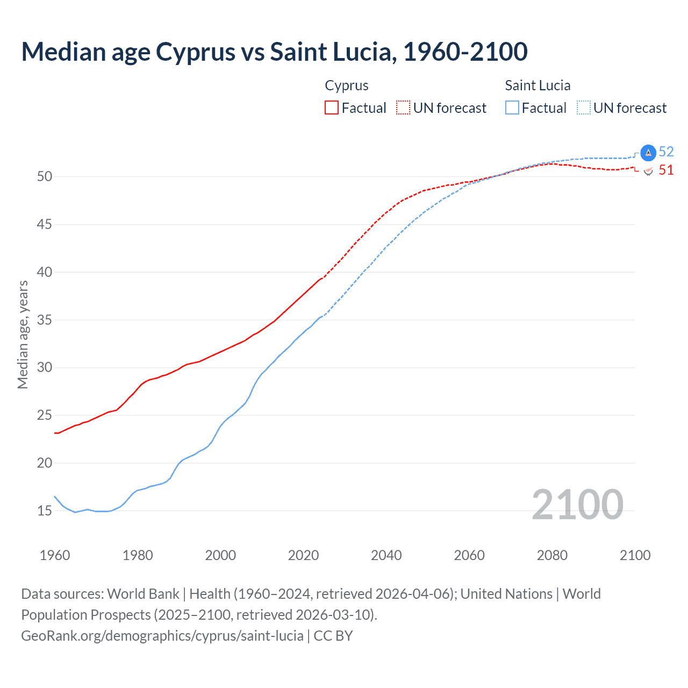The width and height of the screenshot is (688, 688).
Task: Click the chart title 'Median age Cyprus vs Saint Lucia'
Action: coord(274,52)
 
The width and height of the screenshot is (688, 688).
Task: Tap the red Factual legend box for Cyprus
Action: coord(332,107)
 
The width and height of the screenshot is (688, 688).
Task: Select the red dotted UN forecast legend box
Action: coord(403,107)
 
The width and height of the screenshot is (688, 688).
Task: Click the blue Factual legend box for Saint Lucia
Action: coord(512,107)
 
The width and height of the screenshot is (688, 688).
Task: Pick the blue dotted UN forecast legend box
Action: coord(584,107)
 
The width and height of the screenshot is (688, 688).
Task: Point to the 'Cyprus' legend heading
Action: coord(347,85)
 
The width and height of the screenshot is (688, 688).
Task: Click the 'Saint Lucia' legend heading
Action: coord(537,85)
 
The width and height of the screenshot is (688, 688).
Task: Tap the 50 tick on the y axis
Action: coord(44,176)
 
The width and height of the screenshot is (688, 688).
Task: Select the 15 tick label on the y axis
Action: coord(44,511)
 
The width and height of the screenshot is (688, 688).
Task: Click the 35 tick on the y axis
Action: coord(44,320)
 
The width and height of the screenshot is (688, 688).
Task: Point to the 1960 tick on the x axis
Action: coord(55,555)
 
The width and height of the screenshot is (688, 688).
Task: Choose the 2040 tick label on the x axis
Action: coord(386,555)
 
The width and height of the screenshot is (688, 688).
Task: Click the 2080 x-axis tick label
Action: coord(552,555)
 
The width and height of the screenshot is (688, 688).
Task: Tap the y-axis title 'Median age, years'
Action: coord(23,334)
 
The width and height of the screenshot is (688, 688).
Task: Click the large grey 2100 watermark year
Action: coord(577,505)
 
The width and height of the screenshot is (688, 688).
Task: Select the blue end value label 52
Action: coord(666,152)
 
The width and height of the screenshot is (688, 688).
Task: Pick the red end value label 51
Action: coord(666,170)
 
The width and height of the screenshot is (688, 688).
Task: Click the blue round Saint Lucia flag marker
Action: coord(648,153)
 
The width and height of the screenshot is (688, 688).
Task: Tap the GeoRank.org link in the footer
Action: coord(162,635)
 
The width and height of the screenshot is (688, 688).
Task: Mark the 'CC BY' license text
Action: coord(333,635)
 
